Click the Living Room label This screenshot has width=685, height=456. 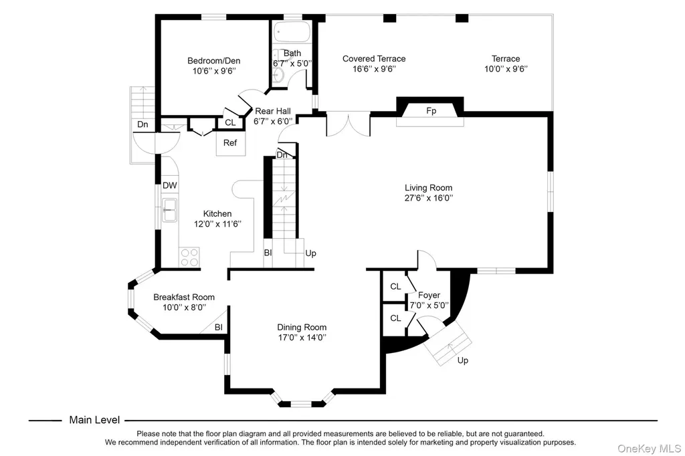(428, 188)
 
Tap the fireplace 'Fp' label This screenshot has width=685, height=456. (431, 111)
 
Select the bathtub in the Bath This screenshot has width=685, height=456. (292, 32)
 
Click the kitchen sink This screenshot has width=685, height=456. (169, 210)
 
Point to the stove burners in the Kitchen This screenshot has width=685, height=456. (189, 257)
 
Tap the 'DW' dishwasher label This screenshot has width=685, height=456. (169, 185)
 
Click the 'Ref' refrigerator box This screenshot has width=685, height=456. (230, 143)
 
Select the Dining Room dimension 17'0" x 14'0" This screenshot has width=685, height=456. (302, 337)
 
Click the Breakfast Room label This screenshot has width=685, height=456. (184, 297)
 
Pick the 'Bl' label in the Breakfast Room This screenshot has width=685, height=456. (219, 327)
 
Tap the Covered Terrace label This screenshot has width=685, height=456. (374, 59)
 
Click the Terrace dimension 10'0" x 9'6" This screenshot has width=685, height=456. (506, 69)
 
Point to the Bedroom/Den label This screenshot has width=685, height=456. (214, 61)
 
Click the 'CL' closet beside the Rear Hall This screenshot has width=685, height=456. (230, 123)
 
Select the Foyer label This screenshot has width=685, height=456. (429, 296)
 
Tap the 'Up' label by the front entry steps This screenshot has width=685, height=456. (463, 360)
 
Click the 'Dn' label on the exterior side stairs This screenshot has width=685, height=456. (142, 124)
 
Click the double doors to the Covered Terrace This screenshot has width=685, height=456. (348, 124)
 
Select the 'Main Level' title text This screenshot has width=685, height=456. (94, 420)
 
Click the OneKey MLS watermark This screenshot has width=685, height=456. (649, 449)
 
